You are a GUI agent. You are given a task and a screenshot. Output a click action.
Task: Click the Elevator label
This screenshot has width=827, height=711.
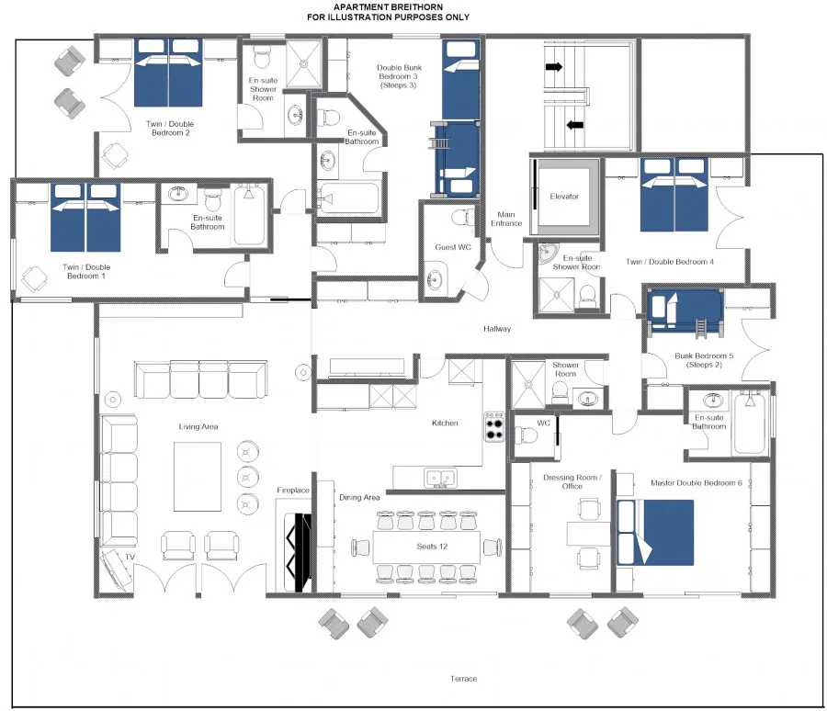pyautogui.click(x=564, y=197)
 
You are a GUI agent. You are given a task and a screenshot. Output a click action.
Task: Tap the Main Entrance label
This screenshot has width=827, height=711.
pyautogui.click(x=506, y=219)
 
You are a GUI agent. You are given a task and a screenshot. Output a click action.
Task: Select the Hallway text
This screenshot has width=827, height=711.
pyautogui.click(x=497, y=329)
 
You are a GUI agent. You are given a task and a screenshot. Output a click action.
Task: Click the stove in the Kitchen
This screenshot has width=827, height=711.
pyautogui.click(x=494, y=428)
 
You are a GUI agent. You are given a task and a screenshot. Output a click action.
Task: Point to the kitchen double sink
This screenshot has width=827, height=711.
pyautogui.click(x=440, y=478)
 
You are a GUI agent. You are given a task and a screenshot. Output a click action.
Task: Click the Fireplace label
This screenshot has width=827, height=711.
pyautogui.click(x=293, y=490)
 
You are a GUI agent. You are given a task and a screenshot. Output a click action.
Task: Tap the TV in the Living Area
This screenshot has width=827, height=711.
pyautogui.click(x=116, y=570)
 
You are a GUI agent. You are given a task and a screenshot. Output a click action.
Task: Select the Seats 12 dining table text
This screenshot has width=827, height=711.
pyautogui.click(x=432, y=547)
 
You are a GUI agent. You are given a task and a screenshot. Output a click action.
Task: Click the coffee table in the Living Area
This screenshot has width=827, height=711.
pyautogui.click(x=198, y=476)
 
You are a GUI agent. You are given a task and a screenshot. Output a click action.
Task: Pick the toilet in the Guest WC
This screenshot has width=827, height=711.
pyautogui.click(x=463, y=217)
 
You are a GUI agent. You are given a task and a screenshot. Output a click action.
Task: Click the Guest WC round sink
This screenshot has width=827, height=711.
pyautogui.click(x=436, y=279)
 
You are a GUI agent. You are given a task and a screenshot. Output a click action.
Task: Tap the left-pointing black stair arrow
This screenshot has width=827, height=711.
pyautogui.click(x=575, y=126)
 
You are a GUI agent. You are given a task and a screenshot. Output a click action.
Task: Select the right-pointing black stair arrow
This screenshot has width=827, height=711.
pyautogui.click(x=554, y=67)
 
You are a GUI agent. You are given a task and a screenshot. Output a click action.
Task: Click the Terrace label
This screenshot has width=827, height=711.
pyautogui.click(x=464, y=679)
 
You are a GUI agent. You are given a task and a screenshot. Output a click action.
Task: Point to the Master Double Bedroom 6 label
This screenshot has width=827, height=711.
pyautogui.click(x=697, y=482)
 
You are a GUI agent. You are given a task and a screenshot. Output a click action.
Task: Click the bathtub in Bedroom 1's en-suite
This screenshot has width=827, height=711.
pyautogui.click(x=248, y=215)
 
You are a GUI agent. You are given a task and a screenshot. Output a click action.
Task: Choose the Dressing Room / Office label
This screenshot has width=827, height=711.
pyautogui.click(x=572, y=481)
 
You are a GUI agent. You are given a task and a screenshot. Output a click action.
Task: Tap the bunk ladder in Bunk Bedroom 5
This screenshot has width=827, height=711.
pyautogui.click(x=702, y=328)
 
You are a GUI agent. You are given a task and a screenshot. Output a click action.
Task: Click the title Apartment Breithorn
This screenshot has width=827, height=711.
pyautogui.click(x=388, y=6)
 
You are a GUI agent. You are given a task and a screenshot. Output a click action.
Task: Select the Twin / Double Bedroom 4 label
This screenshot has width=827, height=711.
pyautogui.click(x=670, y=262)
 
